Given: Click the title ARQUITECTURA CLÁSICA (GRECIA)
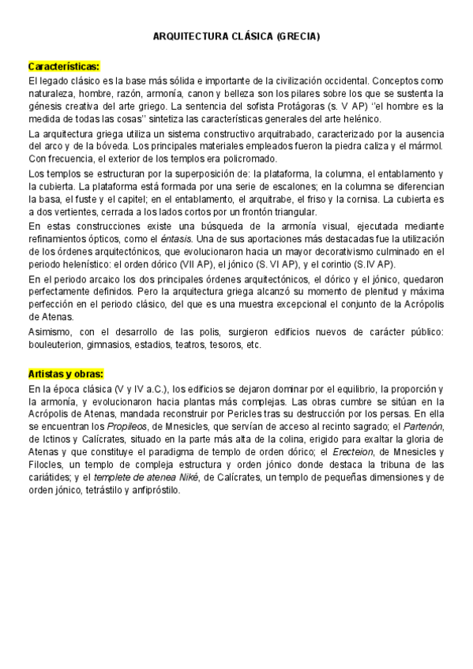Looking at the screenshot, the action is coord(235,36).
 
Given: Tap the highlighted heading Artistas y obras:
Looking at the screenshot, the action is coord(66,374).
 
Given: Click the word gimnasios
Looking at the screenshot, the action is coord(123,345).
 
